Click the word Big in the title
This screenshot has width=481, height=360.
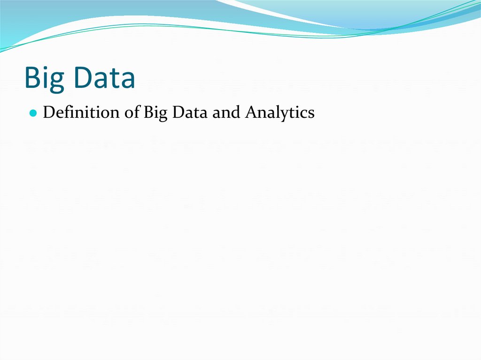coord(45,78)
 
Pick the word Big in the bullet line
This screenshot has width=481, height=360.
coord(155,113)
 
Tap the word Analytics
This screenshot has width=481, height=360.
coord(280,113)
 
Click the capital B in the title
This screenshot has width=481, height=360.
coord(32,78)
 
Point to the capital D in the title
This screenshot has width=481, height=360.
coord(82,78)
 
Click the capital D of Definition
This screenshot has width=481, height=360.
coord(48,113)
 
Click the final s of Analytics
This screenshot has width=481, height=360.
coord(311,114)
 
